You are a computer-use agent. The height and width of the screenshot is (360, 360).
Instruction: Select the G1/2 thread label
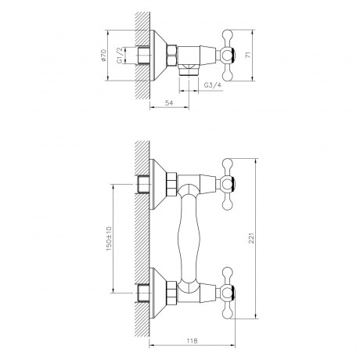coord(119,57)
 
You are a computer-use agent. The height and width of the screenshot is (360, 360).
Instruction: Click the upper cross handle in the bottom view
coord(229,185)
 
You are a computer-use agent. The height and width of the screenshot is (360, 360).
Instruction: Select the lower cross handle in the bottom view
coord(229,296)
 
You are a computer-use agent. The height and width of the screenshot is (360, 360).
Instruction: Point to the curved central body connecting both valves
coord(190,239)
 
